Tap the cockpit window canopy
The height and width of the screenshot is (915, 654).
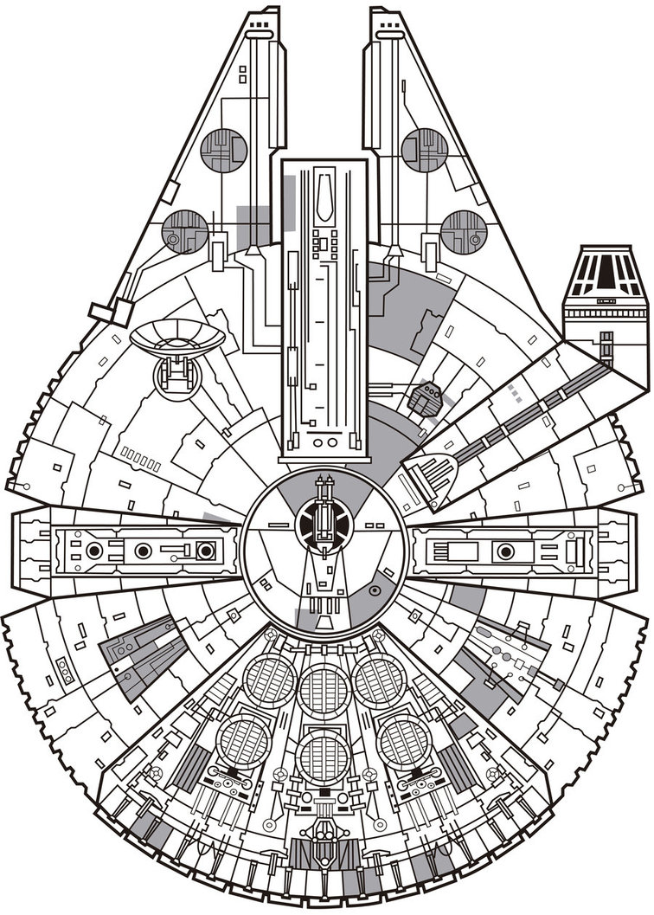point(605,270)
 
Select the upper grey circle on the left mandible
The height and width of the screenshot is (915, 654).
point(223,150)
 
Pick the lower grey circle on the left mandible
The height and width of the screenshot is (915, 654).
point(184,232)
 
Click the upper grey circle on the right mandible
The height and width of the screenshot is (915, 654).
point(424,150)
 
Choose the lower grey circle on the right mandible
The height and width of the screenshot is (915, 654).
point(463,232)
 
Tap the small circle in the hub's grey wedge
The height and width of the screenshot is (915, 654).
point(375,590)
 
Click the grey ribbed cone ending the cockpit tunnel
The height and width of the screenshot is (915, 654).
point(432,472)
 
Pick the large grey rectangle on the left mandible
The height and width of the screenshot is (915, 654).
point(253,222)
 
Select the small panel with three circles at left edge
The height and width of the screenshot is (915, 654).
point(66,669)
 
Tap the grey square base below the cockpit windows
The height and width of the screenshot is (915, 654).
point(605,320)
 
